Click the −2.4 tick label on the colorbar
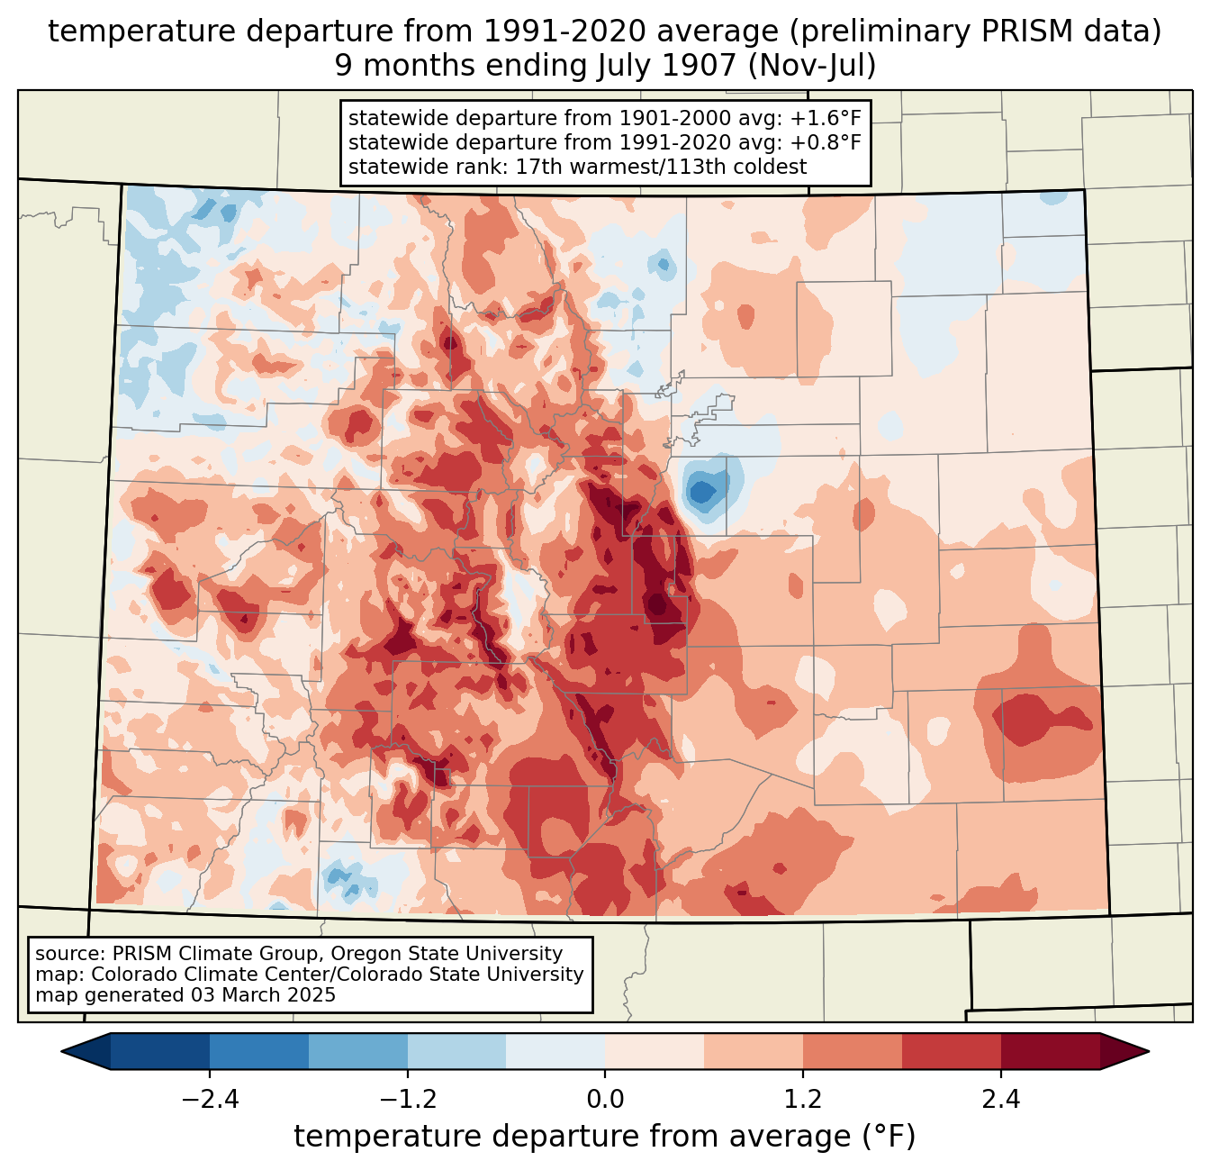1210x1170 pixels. [210, 1100]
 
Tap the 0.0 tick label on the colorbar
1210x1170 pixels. [605, 1100]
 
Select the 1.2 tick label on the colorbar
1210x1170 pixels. [803, 1100]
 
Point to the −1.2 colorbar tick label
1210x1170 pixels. [408, 1100]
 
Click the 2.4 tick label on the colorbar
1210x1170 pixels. [1000, 1100]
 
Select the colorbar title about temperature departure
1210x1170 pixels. [605, 1137]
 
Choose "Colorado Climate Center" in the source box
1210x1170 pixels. [195, 975]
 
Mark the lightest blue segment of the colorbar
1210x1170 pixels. [555, 1051]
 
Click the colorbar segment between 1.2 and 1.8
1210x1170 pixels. [853, 1051]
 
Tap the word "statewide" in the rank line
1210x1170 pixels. [388, 167]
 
